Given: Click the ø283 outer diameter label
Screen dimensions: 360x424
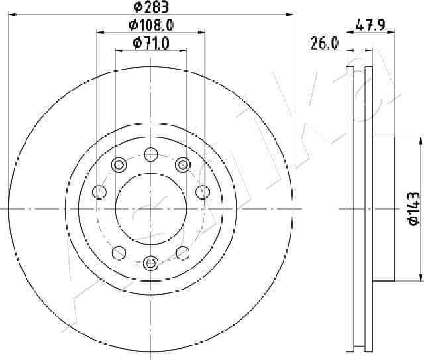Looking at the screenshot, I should (x=150, y=7).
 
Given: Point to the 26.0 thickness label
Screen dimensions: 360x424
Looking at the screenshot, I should (x=325, y=44).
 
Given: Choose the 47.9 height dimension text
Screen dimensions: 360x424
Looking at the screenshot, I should (x=370, y=26).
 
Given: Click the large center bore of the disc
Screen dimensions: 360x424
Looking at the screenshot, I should (x=150, y=208).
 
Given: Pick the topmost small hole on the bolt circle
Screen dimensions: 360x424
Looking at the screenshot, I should (x=150, y=156).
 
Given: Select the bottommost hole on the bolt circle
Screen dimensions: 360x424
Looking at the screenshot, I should (x=150, y=263).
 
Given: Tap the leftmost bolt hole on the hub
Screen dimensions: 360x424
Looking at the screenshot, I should (x=100, y=192).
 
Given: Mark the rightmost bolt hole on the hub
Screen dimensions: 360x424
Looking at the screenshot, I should (x=202, y=192).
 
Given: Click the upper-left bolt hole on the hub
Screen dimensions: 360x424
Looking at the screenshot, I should (x=120, y=164).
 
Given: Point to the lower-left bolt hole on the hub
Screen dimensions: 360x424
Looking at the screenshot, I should (x=120, y=252).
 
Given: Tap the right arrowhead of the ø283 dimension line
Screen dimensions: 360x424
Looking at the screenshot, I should (x=289, y=13).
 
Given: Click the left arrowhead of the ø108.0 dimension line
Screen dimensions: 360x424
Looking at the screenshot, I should (x=100, y=31).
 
